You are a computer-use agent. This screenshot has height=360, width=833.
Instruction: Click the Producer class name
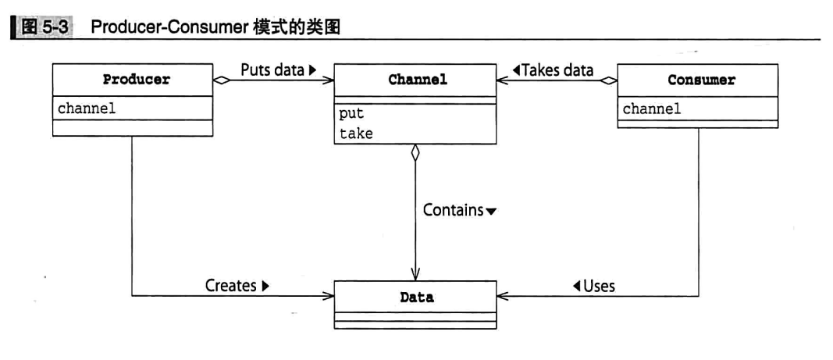tap(137, 80)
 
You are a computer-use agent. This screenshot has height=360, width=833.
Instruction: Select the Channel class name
tap(418, 80)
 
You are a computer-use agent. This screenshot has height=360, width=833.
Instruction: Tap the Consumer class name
tap(701, 80)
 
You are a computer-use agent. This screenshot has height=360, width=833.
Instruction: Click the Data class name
tap(416, 298)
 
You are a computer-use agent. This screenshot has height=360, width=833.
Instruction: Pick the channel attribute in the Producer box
tap(87, 109)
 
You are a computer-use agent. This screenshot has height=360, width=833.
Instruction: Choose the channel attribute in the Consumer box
tap(652, 109)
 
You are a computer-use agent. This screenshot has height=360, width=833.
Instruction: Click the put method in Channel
tap(351, 114)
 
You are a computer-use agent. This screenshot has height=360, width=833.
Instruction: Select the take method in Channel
tap(356, 134)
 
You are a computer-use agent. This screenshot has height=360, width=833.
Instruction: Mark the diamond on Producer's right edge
tap(221, 80)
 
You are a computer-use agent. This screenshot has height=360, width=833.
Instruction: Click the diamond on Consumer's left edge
tap(608, 80)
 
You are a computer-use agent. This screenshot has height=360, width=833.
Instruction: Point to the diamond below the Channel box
tap(415, 153)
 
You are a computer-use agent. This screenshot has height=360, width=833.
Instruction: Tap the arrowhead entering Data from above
tap(415, 275)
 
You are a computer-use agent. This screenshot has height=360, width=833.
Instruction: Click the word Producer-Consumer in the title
tap(169, 27)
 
